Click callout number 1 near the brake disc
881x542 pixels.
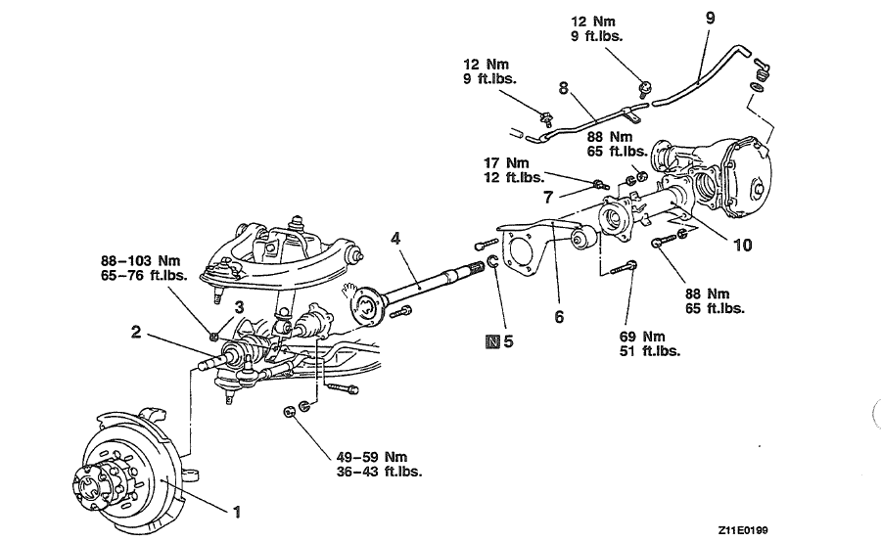click(x=234, y=510)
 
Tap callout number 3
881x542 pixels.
click(x=238, y=308)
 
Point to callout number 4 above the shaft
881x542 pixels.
click(x=395, y=238)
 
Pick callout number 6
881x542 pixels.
click(x=559, y=317)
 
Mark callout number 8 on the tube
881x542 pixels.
click(x=563, y=87)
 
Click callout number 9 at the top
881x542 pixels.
click(x=710, y=18)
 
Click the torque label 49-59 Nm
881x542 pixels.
click(x=371, y=457)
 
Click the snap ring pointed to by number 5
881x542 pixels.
click(x=494, y=262)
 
